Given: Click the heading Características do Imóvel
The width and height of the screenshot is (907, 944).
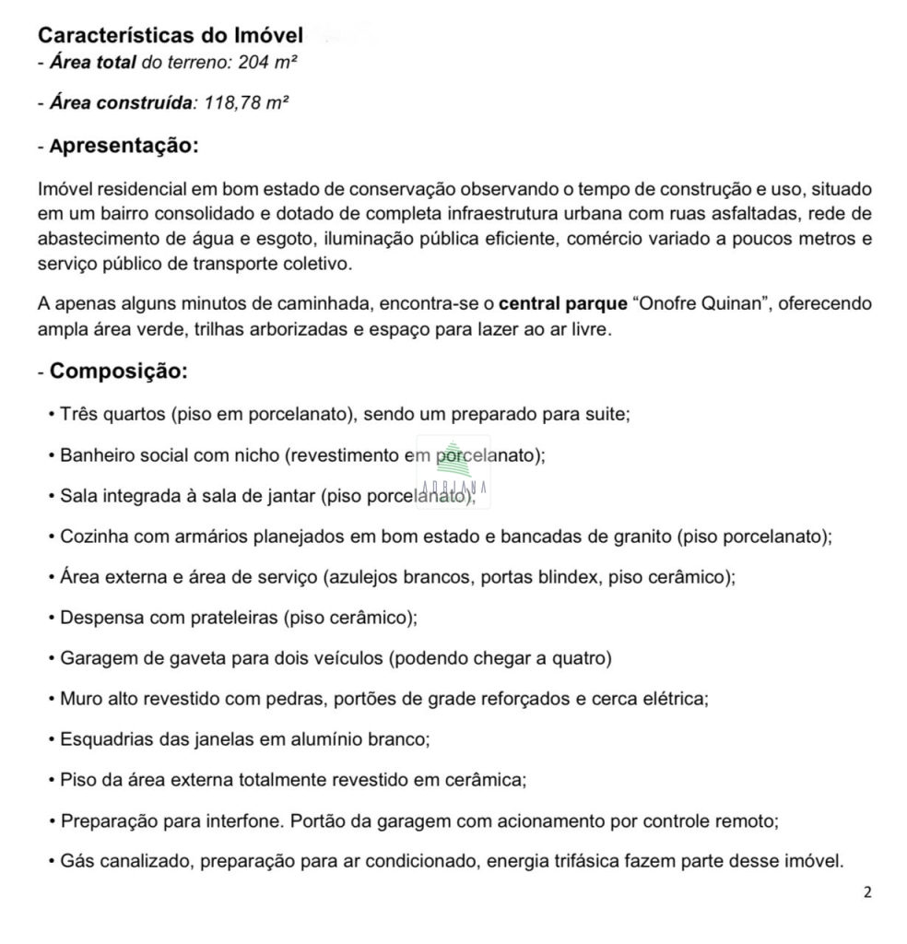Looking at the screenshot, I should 171,36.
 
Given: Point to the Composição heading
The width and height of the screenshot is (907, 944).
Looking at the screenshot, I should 119,372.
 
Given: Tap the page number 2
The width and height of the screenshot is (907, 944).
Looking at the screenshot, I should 866,892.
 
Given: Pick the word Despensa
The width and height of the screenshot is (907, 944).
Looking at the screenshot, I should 100,618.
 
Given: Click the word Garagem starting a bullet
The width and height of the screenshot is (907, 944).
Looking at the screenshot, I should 97,658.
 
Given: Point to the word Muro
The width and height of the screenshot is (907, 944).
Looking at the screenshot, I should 79,699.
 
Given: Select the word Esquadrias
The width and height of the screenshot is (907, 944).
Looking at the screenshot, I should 101,739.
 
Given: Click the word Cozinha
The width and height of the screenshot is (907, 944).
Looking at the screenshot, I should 93,536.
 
